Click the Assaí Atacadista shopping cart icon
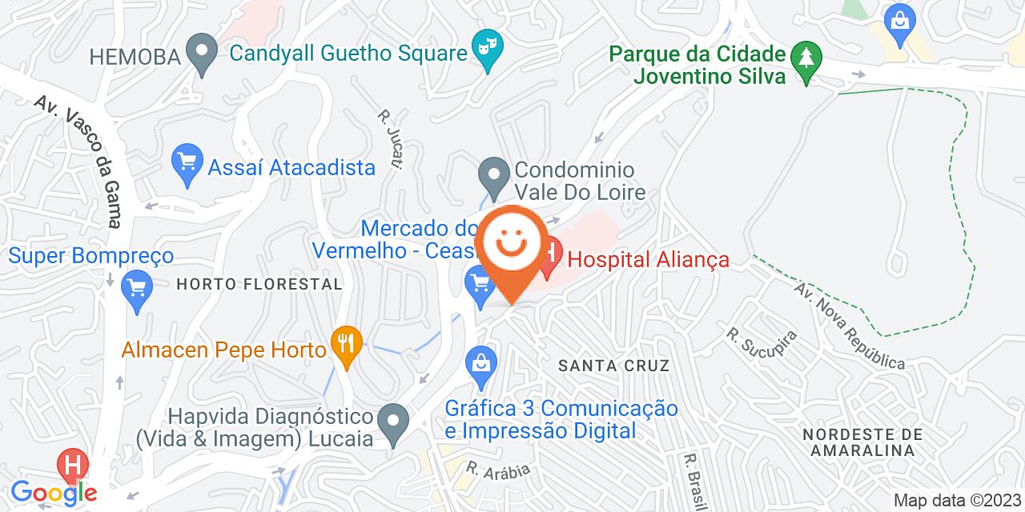[x=187, y=166]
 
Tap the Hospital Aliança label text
[x=649, y=260]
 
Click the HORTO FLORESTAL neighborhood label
[x=259, y=284]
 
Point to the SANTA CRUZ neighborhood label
[x=614, y=366]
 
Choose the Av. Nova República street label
[x=849, y=324]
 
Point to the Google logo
[x=53, y=492]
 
